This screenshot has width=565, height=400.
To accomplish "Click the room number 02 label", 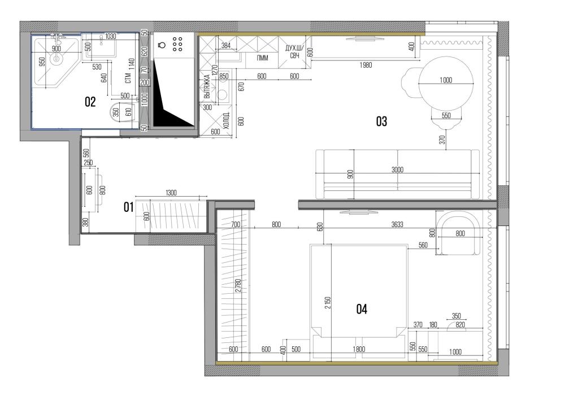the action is (x=90, y=102).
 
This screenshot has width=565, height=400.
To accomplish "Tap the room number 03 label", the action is (x=381, y=121).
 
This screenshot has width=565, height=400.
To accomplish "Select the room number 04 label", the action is (x=362, y=309).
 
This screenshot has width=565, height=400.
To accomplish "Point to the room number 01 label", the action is (x=129, y=207).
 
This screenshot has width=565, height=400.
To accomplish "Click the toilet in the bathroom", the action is (x=122, y=112).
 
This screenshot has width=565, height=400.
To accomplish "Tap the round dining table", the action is (x=446, y=84).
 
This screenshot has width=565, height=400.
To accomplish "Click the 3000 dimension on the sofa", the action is (x=397, y=169).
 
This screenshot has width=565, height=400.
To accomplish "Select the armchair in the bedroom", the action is (x=458, y=233).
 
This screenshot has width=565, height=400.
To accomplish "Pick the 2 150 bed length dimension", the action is (x=328, y=303).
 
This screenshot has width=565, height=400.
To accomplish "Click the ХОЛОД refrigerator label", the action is (x=227, y=121).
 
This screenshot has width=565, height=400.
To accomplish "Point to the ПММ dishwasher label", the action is (x=262, y=58).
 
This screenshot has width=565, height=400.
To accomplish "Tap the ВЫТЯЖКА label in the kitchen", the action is (x=207, y=86).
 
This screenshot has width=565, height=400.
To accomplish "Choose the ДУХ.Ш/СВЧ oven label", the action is (x=294, y=52).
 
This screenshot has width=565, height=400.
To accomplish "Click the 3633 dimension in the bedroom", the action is (x=397, y=224).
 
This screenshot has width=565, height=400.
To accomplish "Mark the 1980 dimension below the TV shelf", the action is (x=366, y=65).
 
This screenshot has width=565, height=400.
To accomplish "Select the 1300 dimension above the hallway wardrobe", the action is (x=171, y=193).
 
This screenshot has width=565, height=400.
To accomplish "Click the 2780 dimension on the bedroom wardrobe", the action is (x=237, y=285).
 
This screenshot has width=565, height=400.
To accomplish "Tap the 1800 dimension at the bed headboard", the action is (x=359, y=349).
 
